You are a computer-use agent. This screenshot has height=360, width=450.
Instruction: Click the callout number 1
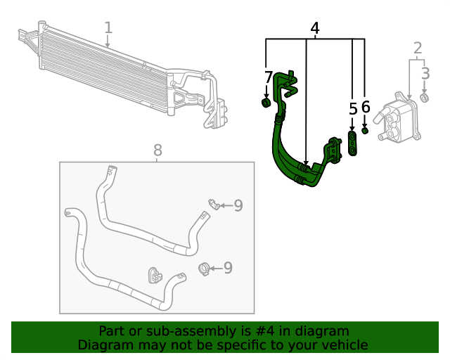point(108,27)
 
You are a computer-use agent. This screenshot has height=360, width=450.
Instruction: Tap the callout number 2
point(418,48)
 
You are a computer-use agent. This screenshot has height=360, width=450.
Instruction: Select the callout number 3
point(425,72)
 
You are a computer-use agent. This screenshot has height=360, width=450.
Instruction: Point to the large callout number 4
point(315,29)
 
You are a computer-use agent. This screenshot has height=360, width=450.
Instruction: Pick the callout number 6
point(366,107)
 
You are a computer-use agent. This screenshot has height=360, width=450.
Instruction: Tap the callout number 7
point(269,77)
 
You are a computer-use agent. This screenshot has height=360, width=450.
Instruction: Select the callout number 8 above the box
point(157,149)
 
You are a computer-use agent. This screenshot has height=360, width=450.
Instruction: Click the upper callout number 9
point(238,205)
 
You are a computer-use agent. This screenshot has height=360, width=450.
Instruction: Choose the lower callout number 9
point(227,267)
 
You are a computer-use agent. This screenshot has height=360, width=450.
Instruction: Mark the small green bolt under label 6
point(366,129)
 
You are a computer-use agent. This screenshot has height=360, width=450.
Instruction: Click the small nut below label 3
point(425,97)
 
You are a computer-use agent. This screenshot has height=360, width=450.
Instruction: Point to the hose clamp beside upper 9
point(213,205)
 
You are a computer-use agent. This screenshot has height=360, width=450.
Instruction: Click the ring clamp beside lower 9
point(205,267)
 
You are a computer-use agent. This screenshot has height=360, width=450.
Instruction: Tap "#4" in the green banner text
point(264,331)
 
